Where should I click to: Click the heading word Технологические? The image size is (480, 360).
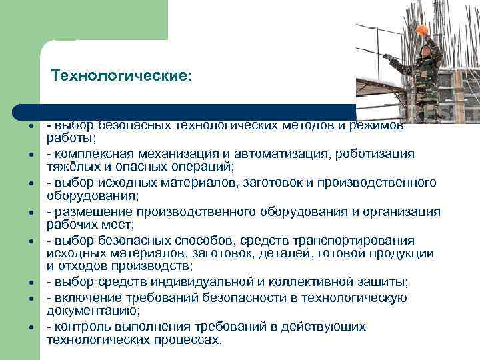(121, 77)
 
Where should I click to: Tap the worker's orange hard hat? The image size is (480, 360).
(421, 31)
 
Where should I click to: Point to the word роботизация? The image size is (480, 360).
(380, 154)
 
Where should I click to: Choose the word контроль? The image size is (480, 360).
(77, 327)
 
